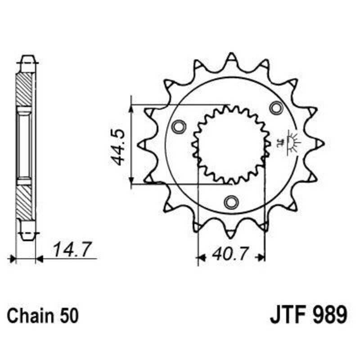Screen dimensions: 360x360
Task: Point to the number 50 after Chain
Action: pos(68,315)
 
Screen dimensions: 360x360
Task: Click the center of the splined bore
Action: pos(231,144)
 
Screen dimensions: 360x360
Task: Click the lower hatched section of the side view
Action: pos(25,198)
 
